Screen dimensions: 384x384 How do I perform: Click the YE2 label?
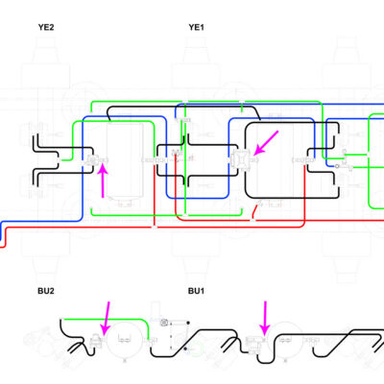46,27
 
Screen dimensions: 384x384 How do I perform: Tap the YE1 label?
196,27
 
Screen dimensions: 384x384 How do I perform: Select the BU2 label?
46,291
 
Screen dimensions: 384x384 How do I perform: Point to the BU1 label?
196,291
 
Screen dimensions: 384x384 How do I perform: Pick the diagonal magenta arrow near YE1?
266,143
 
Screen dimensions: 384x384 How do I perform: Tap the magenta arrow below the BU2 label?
106,318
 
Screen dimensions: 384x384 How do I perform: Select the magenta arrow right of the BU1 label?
265,318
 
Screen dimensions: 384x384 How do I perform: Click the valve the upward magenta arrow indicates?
93,159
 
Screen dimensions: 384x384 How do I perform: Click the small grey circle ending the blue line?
337,166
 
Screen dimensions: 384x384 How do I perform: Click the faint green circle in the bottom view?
196,348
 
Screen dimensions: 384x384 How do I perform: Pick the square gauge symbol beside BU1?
164,323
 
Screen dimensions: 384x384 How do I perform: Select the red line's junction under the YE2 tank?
155,227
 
